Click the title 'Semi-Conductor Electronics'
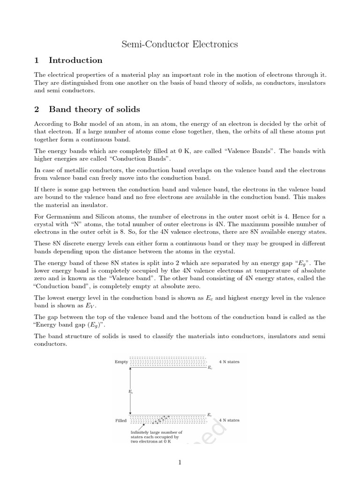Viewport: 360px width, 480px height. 180,45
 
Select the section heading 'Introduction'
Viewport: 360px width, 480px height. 75,60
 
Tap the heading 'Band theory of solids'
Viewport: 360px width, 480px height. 94,110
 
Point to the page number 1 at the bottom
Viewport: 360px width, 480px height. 180,462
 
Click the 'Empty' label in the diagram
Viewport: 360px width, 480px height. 121,362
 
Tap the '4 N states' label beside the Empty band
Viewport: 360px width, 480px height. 229,362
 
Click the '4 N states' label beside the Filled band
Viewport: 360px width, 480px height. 229,420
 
